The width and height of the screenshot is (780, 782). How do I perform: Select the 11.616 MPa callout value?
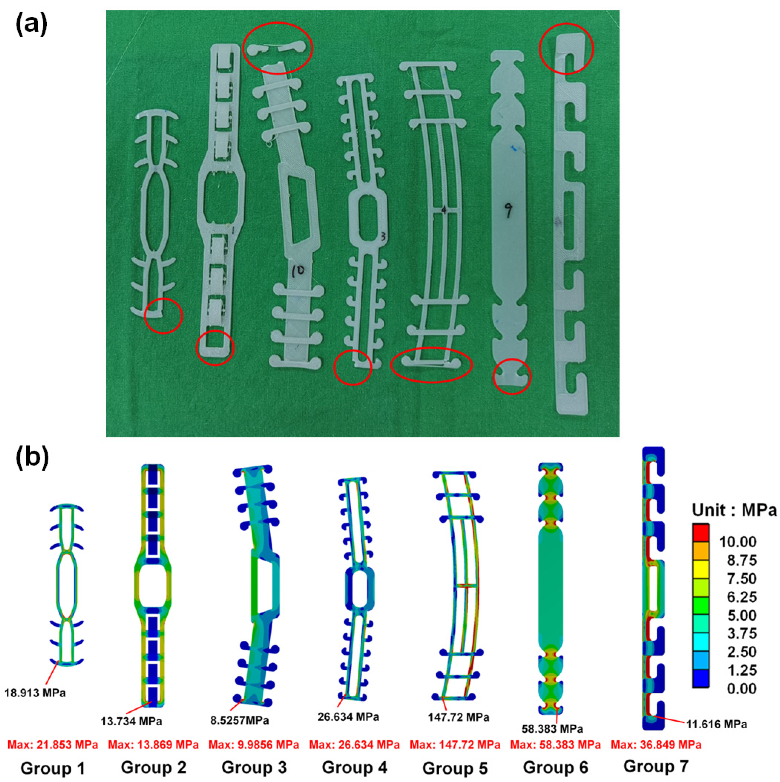pyautogui.click(x=716, y=724)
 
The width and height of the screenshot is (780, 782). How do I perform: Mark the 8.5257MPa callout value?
pyautogui.click(x=239, y=720)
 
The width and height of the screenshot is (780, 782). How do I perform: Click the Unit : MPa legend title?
pyautogui.click(x=734, y=510)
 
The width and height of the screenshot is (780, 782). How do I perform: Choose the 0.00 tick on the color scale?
pyautogui.click(x=741, y=688)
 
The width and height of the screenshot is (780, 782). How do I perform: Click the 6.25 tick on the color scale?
pyautogui.click(x=741, y=597)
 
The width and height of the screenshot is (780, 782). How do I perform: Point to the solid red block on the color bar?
pyautogui.click(x=701, y=533)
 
